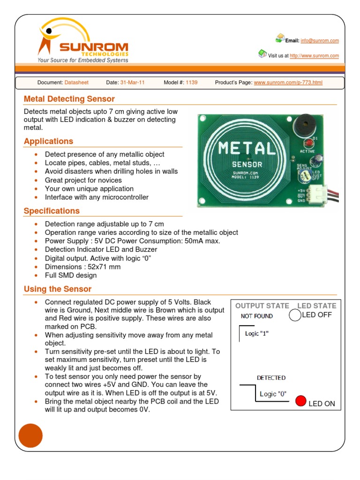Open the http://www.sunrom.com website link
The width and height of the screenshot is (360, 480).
(x=314, y=56)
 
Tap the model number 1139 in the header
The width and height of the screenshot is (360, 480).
(x=191, y=82)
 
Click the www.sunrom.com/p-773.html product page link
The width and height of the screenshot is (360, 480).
(x=288, y=82)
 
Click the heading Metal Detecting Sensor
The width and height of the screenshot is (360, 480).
(x=69, y=99)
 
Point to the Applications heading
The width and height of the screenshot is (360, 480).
(x=48, y=141)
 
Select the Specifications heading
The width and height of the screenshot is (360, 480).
(x=52, y=211)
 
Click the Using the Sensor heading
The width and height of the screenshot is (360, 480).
(x=57, y=289)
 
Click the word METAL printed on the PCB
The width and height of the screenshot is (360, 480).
(x=247, y=149)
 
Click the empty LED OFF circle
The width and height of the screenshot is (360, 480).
(x=294, y=315)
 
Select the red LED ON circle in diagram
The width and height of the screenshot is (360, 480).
(x=301, y=401)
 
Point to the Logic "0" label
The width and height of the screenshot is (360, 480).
(x=273, y=394)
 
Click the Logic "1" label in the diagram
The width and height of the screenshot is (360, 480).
(x=257, y=334)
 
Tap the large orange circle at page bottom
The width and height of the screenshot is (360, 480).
(x=30, y=435)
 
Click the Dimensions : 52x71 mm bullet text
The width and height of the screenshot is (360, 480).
(x=82, y=267)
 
